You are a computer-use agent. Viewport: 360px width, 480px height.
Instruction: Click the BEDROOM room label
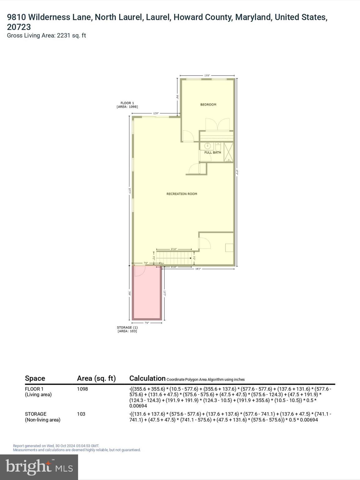click(208, 104)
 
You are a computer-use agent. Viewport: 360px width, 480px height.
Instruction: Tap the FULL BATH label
click(212, 152)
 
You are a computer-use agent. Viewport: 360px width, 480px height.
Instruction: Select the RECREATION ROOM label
click(182, 194)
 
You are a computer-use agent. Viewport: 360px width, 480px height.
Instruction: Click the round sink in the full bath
click(207, 146)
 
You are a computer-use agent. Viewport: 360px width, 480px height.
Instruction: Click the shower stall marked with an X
click(228, 152)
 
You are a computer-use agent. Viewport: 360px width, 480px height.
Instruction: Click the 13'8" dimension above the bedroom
click(207, 75)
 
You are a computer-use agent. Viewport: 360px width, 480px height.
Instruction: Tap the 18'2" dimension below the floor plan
click(198, 269)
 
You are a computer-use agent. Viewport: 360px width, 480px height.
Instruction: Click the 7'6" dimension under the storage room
click(147, 322)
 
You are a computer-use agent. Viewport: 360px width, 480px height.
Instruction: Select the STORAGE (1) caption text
click(127, 327)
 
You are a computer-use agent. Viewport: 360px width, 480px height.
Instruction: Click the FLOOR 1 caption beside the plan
click(127, 103)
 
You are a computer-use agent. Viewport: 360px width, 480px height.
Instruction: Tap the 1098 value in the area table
click(82, 389)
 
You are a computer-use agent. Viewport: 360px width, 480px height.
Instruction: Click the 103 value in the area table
click(81, 414)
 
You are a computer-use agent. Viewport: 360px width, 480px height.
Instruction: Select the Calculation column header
click(147, 378)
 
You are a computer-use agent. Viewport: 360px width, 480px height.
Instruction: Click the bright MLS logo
click(39, 467)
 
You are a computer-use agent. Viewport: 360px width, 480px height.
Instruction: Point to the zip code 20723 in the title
click(19, 27)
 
